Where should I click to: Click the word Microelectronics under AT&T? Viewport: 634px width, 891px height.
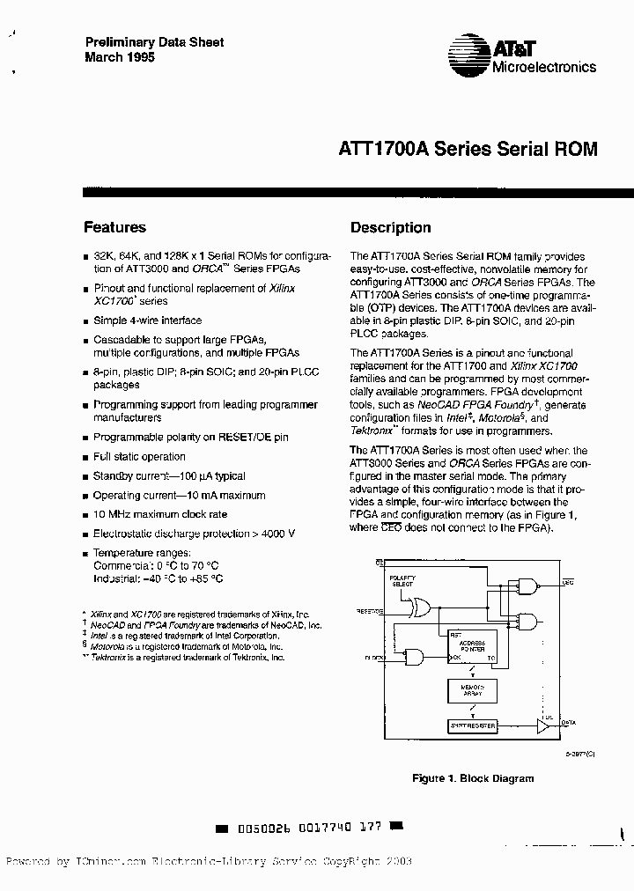pos(544,67)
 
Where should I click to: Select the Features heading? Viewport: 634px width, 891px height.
pos(114,227)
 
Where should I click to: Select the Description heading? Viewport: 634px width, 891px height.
pos(390,227)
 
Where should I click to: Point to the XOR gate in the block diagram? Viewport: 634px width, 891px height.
pos(417,607)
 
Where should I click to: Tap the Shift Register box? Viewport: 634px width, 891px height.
pos(472,725)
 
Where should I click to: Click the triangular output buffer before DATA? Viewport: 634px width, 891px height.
pos(541,725)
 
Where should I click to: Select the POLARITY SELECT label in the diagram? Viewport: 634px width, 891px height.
pos(402,581)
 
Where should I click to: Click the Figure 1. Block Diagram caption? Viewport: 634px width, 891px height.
pos(473,778)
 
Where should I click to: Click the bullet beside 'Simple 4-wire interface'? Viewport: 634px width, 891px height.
pos(85,321)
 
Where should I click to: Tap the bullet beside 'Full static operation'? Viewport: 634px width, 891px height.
pos(85,458)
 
